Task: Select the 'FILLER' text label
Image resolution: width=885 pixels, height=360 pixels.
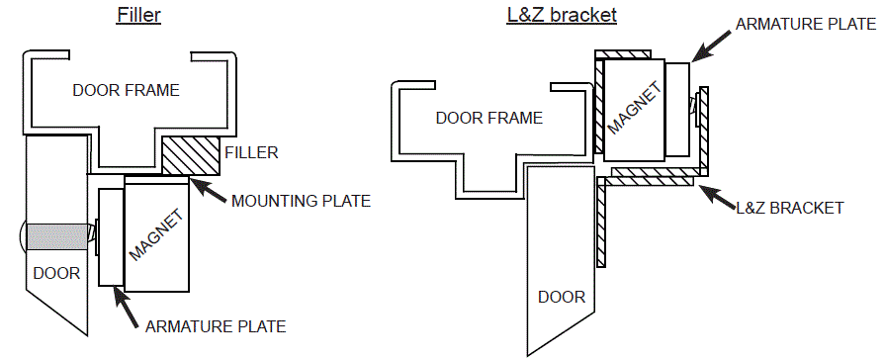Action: [x=251, y=152]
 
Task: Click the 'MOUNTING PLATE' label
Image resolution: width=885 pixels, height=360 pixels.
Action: [x=301, y=202]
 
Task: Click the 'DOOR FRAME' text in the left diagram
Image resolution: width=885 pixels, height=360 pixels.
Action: [x=126, y=90]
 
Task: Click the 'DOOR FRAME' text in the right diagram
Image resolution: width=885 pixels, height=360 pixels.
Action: [x=489, y=118]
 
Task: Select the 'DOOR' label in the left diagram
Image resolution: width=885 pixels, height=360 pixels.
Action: [x=55, y=273]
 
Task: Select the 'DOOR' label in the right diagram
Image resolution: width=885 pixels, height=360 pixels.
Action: [x=562, y=297]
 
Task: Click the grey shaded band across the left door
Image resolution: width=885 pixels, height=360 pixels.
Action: [x=58, y=235]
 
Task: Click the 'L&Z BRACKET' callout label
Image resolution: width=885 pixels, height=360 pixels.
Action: [x=790, y=208]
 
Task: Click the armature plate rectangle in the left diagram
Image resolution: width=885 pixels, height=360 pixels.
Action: [x=109, y=238]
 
